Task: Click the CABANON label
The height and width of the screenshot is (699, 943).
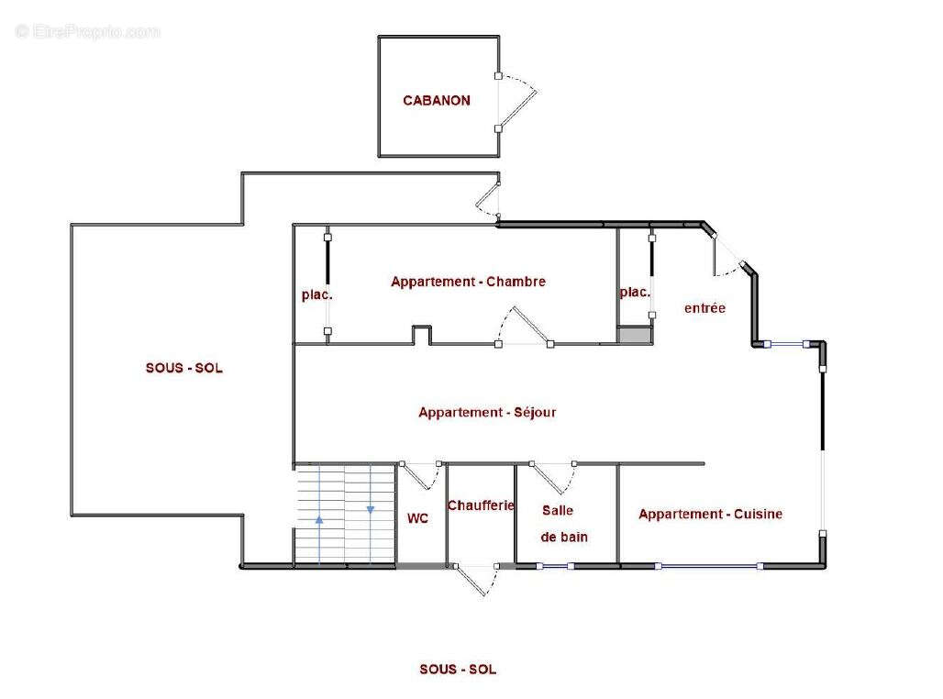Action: coord(437,101)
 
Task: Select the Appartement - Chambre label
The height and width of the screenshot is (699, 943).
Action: coord(468,282)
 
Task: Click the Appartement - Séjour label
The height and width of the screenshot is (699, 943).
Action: coord(487,412)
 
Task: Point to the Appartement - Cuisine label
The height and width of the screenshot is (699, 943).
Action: coord(710,514)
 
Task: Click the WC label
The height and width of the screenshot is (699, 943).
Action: coord(417,518)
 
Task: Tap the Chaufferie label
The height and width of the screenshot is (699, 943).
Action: coord(481,505)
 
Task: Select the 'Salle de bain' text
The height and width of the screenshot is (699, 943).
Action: coord(563,524)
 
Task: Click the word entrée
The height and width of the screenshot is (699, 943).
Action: coord(704,308)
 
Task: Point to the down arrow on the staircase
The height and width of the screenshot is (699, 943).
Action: coord(371,509)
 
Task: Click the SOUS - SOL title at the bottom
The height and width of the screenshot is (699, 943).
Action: coord(458,669)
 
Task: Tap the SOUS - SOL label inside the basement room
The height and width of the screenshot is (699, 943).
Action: coord(184,368)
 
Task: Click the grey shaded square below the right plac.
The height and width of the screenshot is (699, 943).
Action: coord(635,335)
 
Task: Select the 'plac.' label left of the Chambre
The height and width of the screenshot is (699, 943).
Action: coord(317,294)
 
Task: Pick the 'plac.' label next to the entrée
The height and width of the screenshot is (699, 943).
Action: coord(635,293)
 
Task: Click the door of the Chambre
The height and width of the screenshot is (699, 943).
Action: coord(529,325)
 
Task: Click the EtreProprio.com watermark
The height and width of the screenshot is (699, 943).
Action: coord(88,31)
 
